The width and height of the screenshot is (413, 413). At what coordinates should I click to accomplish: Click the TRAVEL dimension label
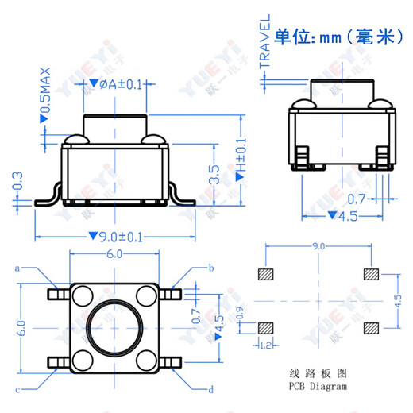click(x=265, y=44)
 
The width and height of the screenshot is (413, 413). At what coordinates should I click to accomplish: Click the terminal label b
click(x=211, y=268)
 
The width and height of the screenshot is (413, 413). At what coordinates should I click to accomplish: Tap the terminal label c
click(x=17, y=389)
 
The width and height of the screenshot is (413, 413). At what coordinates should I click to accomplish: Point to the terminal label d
click(x=210, y=389)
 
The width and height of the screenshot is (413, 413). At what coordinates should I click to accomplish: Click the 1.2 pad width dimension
click(x=266, y=345)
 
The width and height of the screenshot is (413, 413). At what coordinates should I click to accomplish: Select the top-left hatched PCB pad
click(x=265, y=275)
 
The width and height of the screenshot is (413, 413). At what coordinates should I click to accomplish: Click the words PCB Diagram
click(x=318, y=387)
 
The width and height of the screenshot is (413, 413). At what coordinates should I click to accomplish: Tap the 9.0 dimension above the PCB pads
click(x=318, y=247)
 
